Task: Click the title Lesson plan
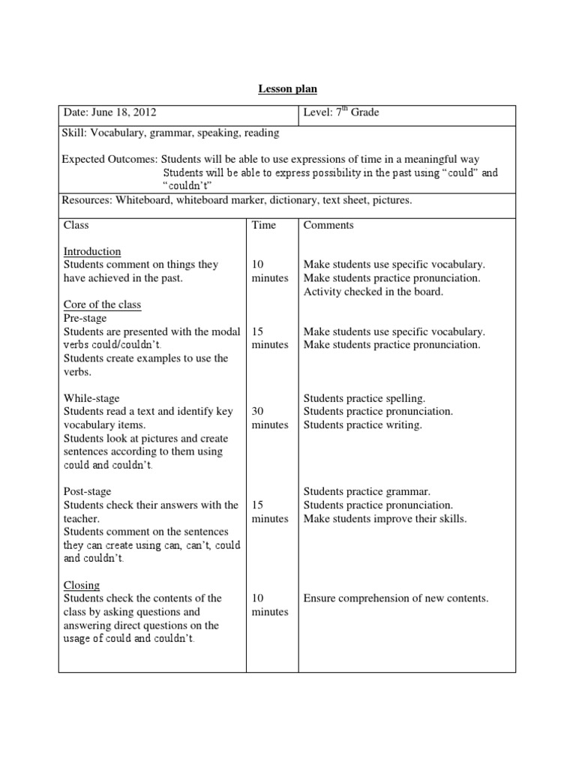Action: click(288, 89)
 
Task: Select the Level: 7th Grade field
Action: click(341, 112)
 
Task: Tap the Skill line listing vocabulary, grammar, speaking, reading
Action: click(170, 133)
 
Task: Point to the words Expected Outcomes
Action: click(110, 159)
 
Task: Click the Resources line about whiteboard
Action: click(238, 200)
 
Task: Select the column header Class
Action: click(76, 224)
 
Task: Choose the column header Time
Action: click(264, 224)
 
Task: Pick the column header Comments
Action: click(328, 224)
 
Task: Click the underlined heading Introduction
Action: click(92, 251)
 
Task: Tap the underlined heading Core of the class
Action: click(102, 304)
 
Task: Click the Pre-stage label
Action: click(87, 318)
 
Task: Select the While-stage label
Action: click(91, 398)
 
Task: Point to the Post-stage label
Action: click(88, 491)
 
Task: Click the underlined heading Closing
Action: click(82, 585)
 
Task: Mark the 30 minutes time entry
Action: click(269, 418)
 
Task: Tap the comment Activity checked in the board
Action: click(373, 291)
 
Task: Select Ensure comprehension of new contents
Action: click(395, 598)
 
